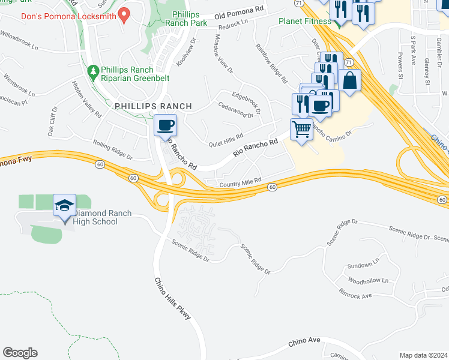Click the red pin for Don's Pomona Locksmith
pyautogui.click(x=125, y=13)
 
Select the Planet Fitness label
pyautogui.click(x=305, y=22)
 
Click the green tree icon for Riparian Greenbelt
pyautogui.click(x=93, y=73)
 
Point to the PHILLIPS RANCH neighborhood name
pyautogui.click(x=153, y=106)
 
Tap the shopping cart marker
pyautogui.click(x=301, y=129)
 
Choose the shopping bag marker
pyautogui.click(x=350, y=80)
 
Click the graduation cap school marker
pyautogui.click(x=65, y=206)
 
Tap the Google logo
pyautogui.click(x=20, y=353)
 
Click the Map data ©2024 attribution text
pyautogui.click(x=423, y=355)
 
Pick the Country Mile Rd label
pyautogui.click(x=241, y=181)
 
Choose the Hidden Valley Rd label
pyautogui.click(x=86, y=99)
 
